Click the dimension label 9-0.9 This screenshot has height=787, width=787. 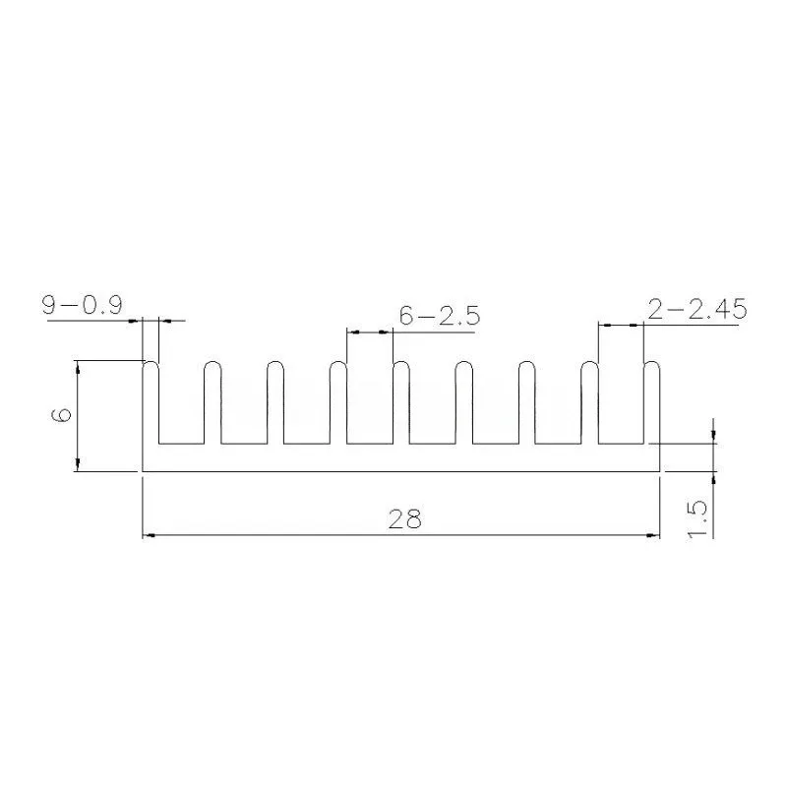[83, 305]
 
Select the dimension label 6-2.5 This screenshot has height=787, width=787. [440, 316]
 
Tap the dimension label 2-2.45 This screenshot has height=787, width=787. [697, 309]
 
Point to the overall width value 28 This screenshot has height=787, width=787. [405, 519]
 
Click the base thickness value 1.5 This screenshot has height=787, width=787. [697, 519]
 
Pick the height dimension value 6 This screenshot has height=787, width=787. [62, 415]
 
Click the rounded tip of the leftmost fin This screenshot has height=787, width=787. [151, 362]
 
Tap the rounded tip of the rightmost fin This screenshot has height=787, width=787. [651, 362]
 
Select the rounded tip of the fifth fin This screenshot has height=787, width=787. [401, 362]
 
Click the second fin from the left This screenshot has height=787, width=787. [212, 402]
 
